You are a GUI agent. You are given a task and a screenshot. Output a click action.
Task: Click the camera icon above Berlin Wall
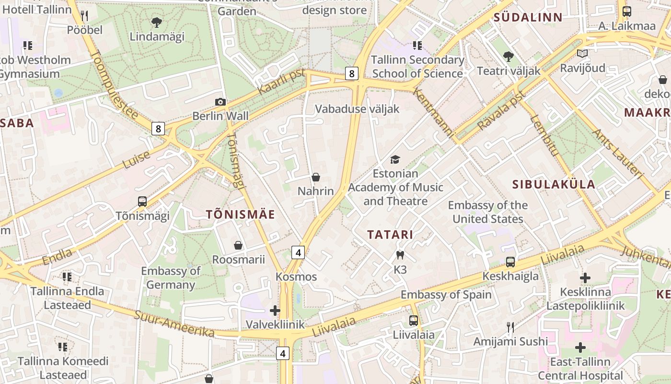(220, 102)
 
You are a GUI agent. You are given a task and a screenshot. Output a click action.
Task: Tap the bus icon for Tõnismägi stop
(142, 202)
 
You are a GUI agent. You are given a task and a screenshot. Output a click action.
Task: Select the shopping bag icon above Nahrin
(316, 177)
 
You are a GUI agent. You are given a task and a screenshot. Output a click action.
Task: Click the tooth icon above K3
(400, 255)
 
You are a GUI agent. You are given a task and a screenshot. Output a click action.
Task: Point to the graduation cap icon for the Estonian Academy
(395, 159)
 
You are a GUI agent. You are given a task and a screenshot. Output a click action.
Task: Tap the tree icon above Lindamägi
(156, 22)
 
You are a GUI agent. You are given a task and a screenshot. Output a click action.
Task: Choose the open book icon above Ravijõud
(582, 54)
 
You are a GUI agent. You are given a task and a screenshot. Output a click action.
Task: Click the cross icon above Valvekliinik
(275, 311)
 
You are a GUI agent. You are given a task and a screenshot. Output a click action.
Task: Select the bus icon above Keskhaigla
(510, 262)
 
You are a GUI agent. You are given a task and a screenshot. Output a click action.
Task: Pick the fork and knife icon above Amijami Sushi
(510, 327)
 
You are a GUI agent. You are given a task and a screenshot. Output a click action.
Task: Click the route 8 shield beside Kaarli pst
(352, 73)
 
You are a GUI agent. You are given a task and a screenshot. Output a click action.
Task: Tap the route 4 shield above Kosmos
(298, 252)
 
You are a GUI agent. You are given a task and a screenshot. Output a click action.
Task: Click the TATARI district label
(390, 235)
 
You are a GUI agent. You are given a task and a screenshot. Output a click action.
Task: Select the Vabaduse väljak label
(357, 109)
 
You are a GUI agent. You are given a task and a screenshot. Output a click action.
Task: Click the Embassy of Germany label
(171, 278)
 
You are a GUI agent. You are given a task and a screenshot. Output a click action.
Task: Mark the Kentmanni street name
(433, 113)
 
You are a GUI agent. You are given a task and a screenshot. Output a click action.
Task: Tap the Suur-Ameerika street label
(174, 324)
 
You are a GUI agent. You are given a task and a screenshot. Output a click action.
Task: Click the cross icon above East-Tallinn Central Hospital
(580, 347)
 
